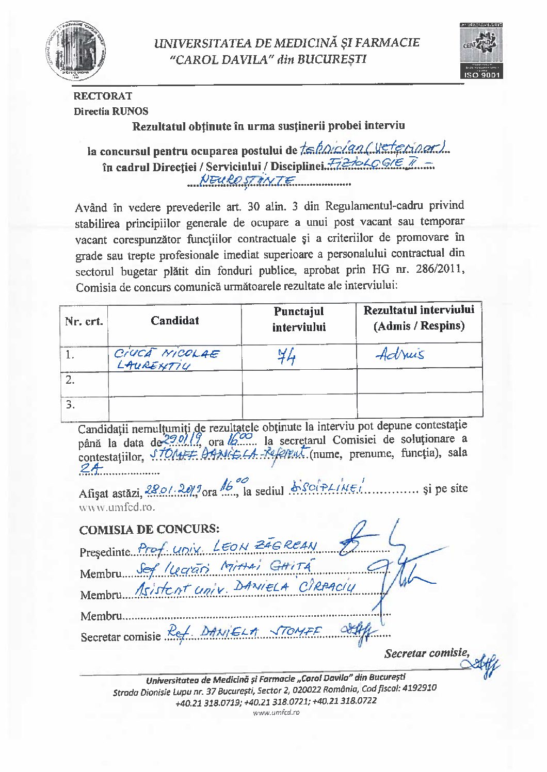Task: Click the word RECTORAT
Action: coord(103,96)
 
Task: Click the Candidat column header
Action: coord(174,321)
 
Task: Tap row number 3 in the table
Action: coord(70,405)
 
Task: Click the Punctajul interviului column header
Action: coord(298,319)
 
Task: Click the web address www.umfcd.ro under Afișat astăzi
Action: coord(117,507)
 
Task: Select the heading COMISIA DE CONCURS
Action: coord(149,530)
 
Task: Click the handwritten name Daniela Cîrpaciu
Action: coord(295,588)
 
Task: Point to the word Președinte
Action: coord(104,552)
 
